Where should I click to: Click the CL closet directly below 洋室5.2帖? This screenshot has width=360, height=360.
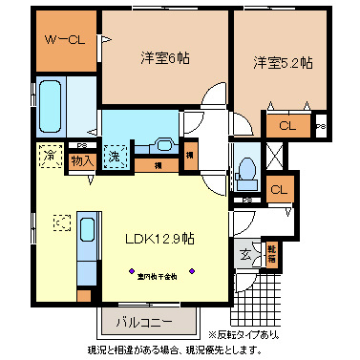tap(287, 124)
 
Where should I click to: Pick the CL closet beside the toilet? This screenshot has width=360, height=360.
tap(279, 189)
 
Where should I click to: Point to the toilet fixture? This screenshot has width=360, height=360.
tap(247, 168)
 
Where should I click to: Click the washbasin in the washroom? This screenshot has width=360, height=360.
tap(163, 145)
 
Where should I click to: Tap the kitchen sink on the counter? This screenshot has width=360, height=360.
tap(86, 230)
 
